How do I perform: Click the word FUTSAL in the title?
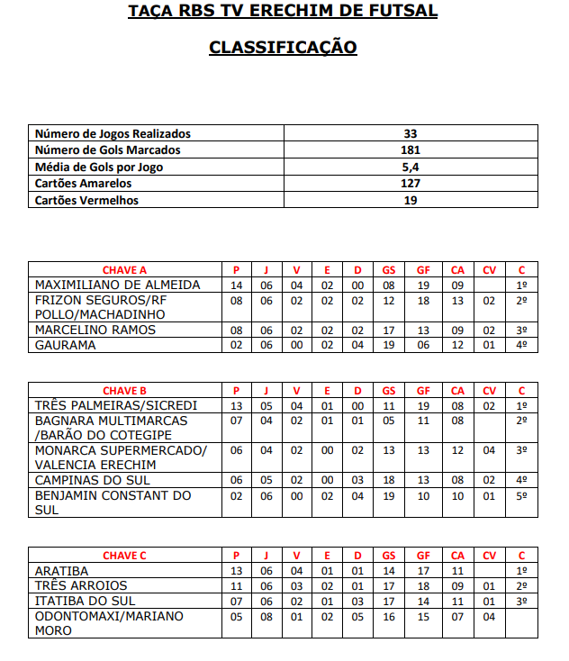405,12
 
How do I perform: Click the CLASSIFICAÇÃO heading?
283,47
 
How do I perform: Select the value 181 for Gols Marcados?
411,150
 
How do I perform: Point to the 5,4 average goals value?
411,167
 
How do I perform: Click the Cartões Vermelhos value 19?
411,200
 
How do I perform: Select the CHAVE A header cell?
125,269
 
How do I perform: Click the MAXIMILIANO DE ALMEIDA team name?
117,285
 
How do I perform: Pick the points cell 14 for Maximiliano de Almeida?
238,285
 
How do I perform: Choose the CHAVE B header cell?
125,390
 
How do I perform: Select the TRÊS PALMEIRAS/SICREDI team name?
116,405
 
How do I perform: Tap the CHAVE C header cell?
125,556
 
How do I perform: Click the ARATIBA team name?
62,571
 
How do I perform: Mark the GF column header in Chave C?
423,556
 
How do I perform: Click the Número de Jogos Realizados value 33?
411,133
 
